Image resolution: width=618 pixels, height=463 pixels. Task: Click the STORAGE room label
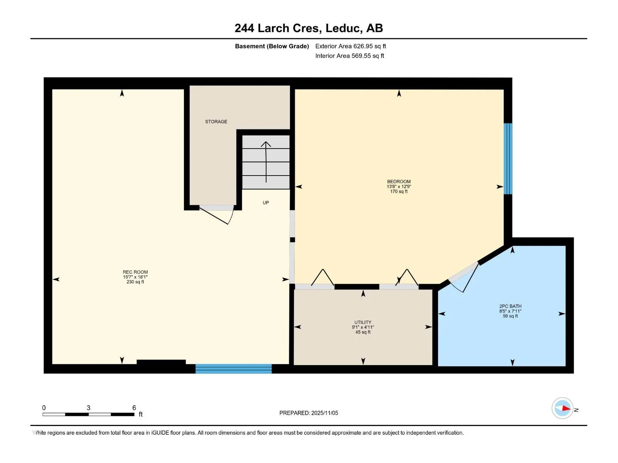click(x=216, y=122)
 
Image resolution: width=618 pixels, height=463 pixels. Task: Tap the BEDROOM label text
click(x=399, y=182)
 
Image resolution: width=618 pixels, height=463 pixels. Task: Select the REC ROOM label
click(x=135, y=272)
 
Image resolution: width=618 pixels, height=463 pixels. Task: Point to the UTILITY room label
click(x=363, y=322)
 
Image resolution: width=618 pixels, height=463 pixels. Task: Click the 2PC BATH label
click(x=510, y=306)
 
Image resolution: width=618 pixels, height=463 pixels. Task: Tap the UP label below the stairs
click(x=265, y=203)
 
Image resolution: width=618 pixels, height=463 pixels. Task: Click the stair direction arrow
click(x=266, y=162)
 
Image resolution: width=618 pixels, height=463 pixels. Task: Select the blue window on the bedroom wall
click(x=508, y=159)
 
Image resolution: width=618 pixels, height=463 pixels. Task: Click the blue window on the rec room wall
click(x=233, y=368)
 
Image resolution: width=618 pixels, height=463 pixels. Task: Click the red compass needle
click(x=566, y=408)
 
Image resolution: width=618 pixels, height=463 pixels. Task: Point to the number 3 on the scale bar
click(x=88, y=408)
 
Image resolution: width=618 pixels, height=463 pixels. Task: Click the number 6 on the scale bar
click(x=134, y=408)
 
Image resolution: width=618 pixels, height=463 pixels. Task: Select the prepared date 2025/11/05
click(x=324, y=413)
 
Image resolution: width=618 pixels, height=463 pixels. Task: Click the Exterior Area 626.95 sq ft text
click(x=351, y=46)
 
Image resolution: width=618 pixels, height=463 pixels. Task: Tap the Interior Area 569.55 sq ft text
click(x=350, y=56)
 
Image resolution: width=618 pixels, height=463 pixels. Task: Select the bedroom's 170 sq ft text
click(x=399, y=191)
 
